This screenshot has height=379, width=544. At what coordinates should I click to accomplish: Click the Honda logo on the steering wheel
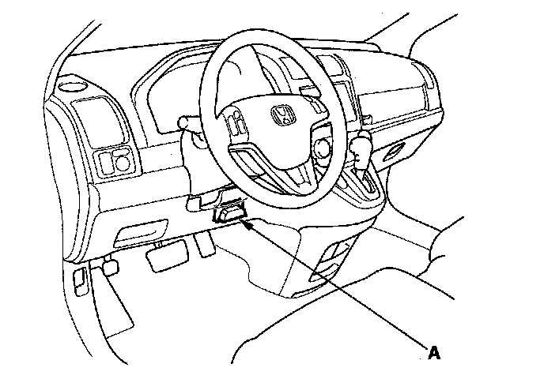click(283, 115)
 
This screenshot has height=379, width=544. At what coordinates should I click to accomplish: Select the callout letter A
click(433, 352)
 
